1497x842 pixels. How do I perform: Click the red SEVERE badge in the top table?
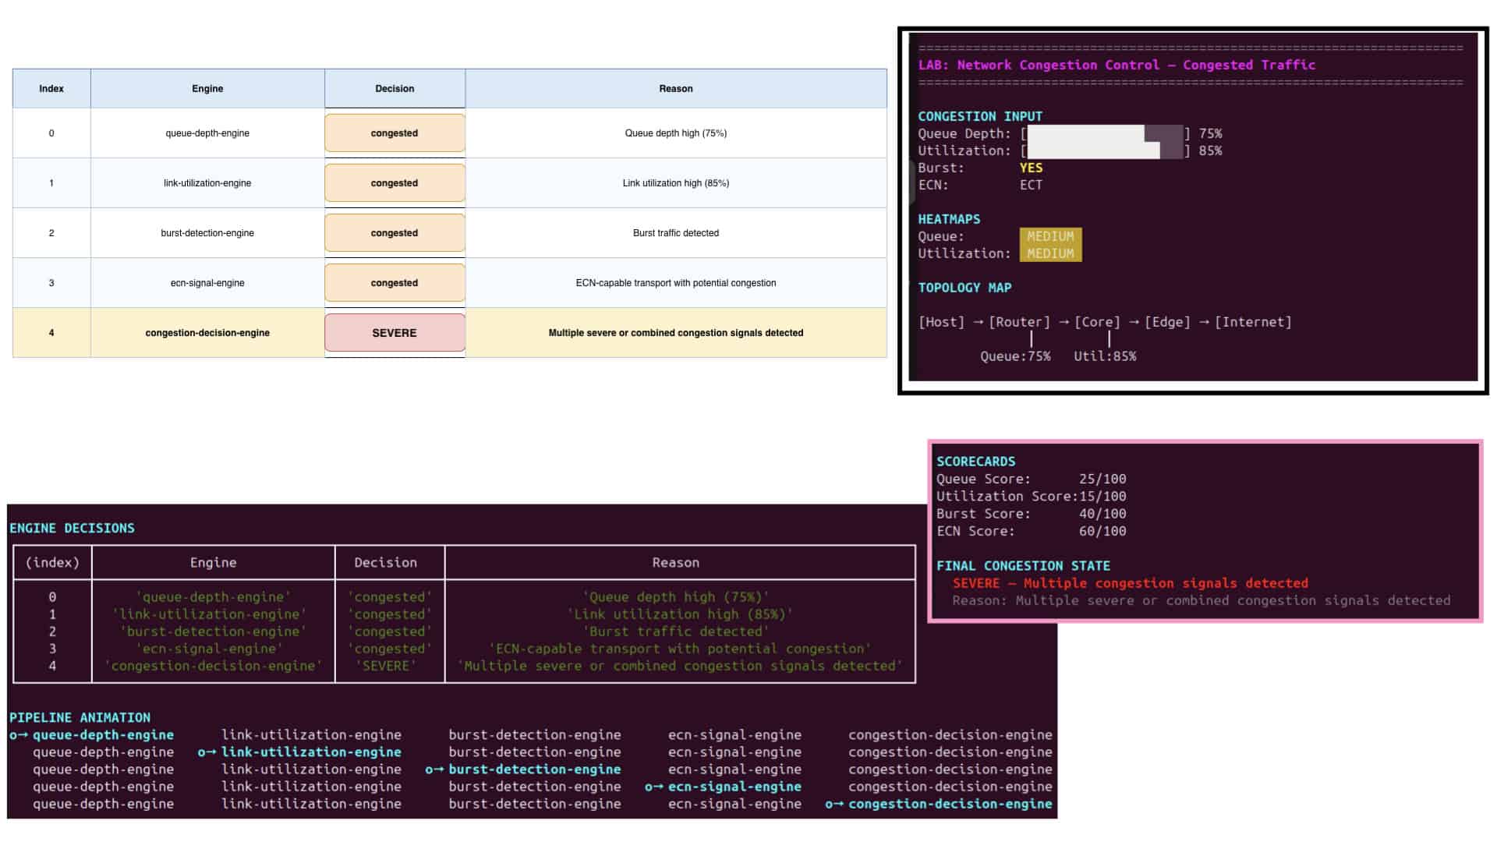point(395,333)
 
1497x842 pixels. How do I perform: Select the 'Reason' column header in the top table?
point(676,89)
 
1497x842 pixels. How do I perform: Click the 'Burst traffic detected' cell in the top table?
point(676,233)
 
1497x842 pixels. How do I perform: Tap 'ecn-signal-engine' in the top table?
point(207,283)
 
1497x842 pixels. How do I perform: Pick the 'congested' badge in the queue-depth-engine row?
point(395,133)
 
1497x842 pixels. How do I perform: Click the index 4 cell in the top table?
point(51,333)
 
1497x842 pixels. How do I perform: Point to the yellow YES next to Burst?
point(1031,168)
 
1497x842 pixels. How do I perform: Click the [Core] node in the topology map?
point(1097,322)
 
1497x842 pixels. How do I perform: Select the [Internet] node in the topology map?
point(1253,322)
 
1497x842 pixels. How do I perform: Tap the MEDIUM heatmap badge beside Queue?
point(1050,236)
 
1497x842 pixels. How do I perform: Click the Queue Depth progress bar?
point(1105,133)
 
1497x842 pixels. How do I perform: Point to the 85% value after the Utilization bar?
point(1210,150)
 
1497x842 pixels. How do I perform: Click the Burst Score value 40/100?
point(1102,514)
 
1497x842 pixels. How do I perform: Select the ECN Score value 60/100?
point(1102,531)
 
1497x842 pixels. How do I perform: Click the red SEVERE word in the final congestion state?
point(976,583)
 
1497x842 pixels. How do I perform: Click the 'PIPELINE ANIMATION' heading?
point(80,717)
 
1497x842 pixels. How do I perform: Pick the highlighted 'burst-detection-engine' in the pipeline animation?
point(535,769)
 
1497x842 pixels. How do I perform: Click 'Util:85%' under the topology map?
point(1105,356)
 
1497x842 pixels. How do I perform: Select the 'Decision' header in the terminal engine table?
point(385,563)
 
